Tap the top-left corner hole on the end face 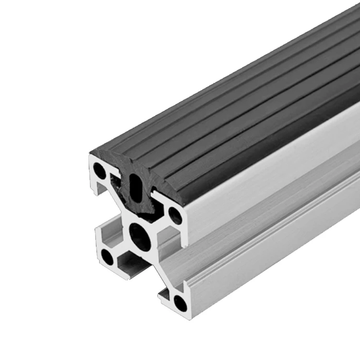(x=100, y=170)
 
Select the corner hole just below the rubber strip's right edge (x=176, y=215)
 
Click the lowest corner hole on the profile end (x=180, y=302)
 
